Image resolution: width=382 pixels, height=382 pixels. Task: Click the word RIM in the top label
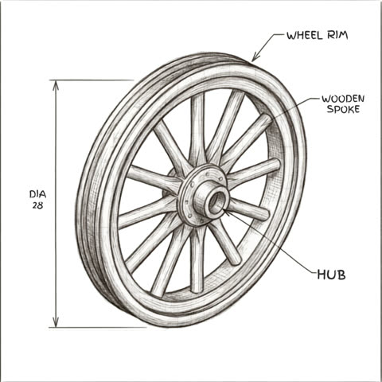coord(337,36)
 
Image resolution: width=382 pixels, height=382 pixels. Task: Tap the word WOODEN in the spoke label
coord(343,99)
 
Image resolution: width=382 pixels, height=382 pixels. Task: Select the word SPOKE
coord(343,109)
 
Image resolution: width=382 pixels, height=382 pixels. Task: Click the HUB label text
coord(331,275)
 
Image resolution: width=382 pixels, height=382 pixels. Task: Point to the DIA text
coord(37,194)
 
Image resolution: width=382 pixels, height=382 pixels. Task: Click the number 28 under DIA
coord(37,205)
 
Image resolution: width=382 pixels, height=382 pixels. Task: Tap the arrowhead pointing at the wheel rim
coord(255,57)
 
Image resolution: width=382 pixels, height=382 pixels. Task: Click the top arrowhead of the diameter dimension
coord(56,85)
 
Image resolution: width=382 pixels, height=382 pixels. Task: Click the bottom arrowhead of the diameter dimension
coord(56,322)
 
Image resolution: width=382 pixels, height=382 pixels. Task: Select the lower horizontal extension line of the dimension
coord(98,328)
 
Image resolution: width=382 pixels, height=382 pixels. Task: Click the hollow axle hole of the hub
coord(216,202)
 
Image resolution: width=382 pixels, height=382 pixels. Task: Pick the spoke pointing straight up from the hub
coord(197,130)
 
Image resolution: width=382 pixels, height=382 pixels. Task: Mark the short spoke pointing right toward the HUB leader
coord(248,209)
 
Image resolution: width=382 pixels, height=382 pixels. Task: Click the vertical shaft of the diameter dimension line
coord(56,204)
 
